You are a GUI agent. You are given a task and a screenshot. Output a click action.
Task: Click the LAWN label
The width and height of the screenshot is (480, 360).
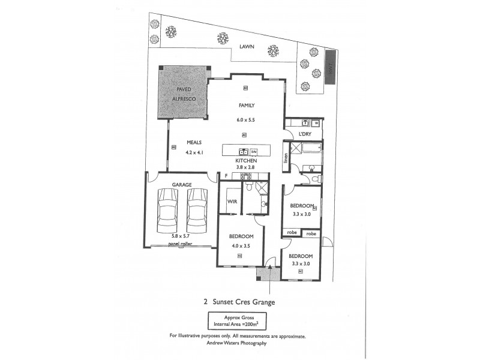coord(245,46)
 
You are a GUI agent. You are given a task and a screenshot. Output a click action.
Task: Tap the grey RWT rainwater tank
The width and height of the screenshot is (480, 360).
coord(331,72)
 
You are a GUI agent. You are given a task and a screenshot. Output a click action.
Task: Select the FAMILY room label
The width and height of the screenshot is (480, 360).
coord(247,106)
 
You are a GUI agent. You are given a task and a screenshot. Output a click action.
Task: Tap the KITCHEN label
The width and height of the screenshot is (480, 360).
coord(247,161)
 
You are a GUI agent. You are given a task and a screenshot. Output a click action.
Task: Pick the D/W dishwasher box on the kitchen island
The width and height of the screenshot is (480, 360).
coord(254,151)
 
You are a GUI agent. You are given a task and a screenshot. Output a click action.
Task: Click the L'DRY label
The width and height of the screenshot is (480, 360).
coord(304,134)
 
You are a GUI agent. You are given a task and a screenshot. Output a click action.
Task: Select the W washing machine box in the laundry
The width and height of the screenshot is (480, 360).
coord(316,124)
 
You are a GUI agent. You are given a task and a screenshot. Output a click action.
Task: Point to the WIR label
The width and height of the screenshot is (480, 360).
coord(231,202)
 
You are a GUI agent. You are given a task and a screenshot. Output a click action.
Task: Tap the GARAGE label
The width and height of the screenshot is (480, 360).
coord(182,184)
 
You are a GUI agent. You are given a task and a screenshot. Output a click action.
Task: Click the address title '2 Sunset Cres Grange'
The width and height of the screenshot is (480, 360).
coord(240,302)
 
